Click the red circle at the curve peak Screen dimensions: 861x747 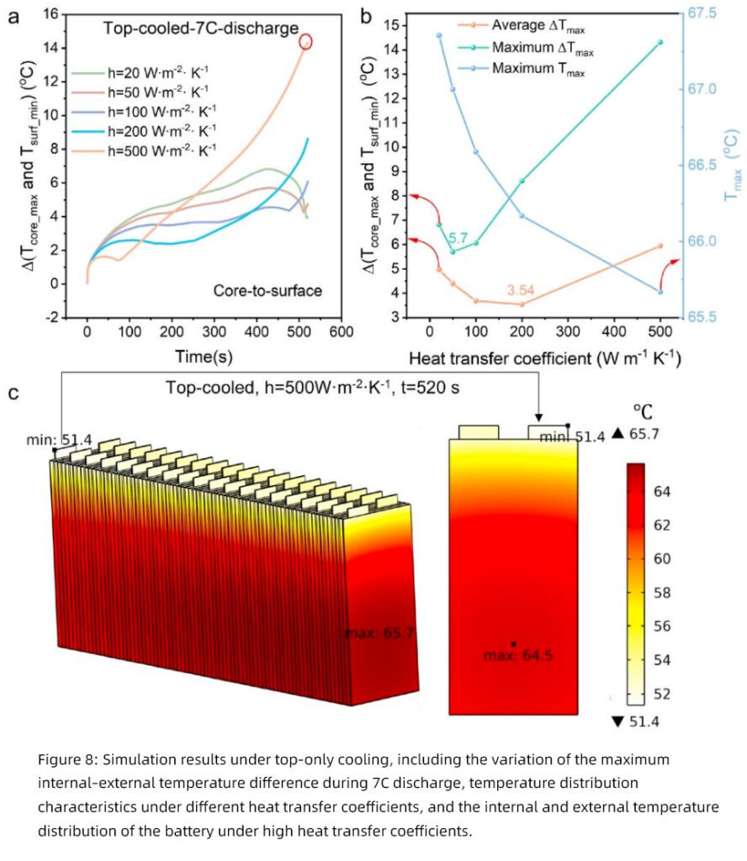[x=305, y=41]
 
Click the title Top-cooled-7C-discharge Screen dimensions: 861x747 [x=200, y=29]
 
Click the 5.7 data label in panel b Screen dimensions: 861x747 [x=458, y=239]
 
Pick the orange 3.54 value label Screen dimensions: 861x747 [x=522, y=290]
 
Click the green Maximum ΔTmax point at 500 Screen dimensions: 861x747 [x=660, y=42]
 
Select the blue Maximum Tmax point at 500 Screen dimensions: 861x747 [x=660, y=292]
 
